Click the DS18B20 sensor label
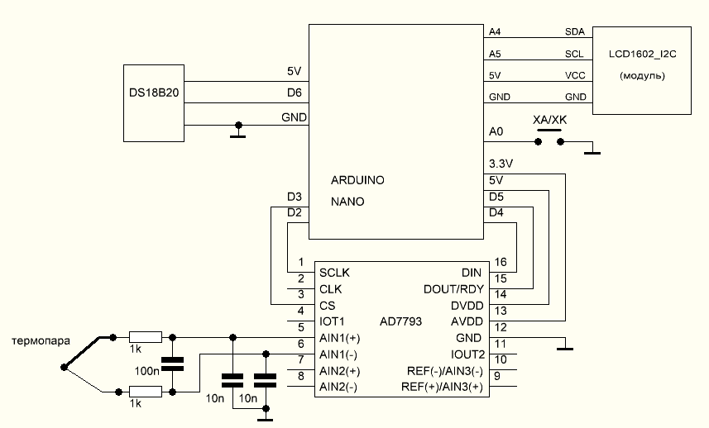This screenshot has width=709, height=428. [x=154, y=93]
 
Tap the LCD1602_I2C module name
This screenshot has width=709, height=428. [x=643, y=54]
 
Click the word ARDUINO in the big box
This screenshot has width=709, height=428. [x=357, y=179]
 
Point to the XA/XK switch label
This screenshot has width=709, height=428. [x=550, y=120]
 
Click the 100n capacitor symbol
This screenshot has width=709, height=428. [x=172, y=364]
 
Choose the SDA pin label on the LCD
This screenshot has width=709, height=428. [x=574, y=31]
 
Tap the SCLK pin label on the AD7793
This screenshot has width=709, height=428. [x=334, y=273]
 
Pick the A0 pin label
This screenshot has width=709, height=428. [x=496, y=131]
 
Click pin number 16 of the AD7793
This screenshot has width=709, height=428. [x=500, y=262]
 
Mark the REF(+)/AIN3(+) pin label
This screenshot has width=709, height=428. [x=442, y=388]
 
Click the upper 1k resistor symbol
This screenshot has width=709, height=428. [x=146, y=337]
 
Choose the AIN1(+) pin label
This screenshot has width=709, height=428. [x=339, y=338]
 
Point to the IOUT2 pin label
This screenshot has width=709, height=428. [x=467, y=354]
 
